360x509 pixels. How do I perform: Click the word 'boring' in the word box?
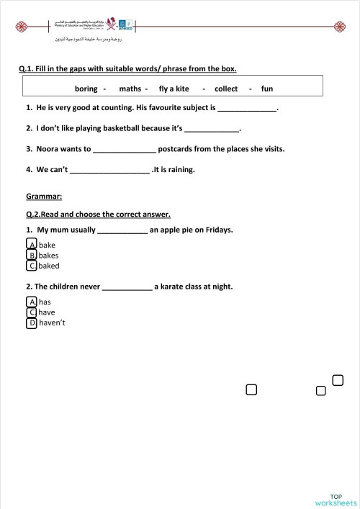tap(86, 89)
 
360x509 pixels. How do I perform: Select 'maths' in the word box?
tap(130, 89)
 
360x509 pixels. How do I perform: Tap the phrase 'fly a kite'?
tap(174, 89)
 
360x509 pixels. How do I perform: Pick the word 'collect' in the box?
tap(226, 89)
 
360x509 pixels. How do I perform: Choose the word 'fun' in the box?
tap(267, 89)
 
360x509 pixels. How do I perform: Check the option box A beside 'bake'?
tap(32, 245)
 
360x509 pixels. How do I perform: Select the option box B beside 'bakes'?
tap(32, 255)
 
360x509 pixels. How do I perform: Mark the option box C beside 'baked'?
tap(32, 266)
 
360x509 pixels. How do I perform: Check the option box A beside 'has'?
tap(32, 302)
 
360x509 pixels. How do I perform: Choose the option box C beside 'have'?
tap(32, 312)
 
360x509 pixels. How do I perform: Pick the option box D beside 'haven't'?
tap(32, 323)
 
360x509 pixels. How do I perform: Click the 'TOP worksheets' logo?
tap(336, 499)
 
